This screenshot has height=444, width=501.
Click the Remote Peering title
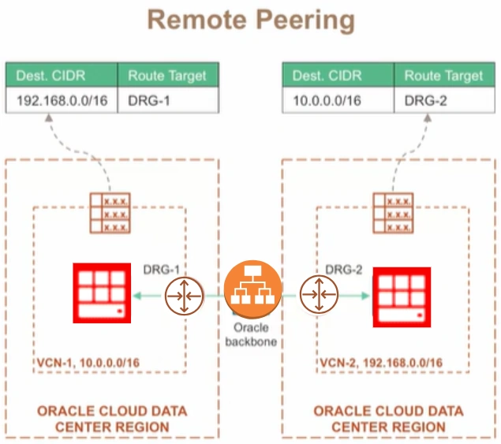coord(251,20)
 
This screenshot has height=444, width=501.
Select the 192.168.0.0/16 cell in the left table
coord(62,100)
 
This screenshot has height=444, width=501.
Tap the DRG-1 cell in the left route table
coord(168,100)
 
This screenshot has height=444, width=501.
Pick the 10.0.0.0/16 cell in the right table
coord(338,100)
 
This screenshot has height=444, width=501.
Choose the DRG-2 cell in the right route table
coord(444,100)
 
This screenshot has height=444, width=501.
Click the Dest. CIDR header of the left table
coord(62,75)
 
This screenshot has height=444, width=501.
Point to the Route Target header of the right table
coord(444,75)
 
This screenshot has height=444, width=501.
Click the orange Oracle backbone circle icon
coord(252,289)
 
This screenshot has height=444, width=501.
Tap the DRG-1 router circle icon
coord(184,296)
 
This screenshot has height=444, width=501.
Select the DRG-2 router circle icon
coord(319,294)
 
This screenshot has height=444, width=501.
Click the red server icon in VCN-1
coord(102,293)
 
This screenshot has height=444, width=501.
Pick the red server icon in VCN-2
coord(402,297)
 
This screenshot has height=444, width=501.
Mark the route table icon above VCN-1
coord(110,213)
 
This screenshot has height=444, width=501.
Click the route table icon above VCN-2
coord(393,213)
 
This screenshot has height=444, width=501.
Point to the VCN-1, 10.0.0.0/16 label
coord(88,363)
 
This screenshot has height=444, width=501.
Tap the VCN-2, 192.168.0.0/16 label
coord(381,363)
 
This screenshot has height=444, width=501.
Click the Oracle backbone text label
coord(251,334)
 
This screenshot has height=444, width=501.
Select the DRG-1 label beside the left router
coord(162,270)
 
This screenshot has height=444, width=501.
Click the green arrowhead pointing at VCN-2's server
coord(365,296)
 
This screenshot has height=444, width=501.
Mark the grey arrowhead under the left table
coord(49,118)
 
